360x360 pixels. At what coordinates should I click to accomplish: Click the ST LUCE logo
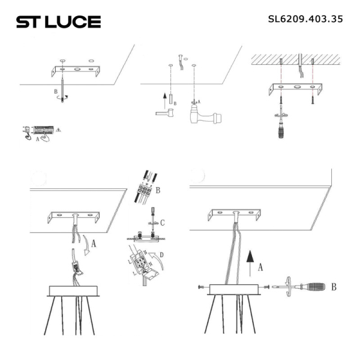(58, 22)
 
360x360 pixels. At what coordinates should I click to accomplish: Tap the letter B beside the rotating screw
(56, 92)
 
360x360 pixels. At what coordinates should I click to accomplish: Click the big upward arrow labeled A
(250, 262)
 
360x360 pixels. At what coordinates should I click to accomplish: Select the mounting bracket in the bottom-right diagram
(233, 214)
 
